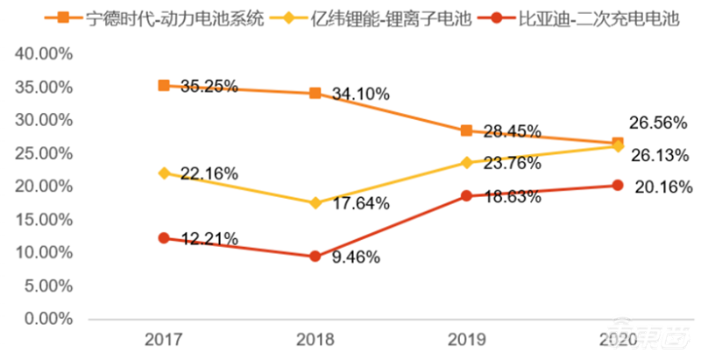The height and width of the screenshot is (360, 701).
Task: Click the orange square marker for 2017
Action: [164, 85]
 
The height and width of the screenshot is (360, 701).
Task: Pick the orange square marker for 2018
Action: [315, 93]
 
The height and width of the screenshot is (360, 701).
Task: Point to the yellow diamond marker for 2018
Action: [315, 202]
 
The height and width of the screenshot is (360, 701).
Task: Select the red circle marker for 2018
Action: [315, 257]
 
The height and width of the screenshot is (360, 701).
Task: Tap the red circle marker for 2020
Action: [618, 185]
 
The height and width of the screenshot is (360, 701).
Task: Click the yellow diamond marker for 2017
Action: [164, 173]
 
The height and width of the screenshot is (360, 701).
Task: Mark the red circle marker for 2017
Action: [164, 238]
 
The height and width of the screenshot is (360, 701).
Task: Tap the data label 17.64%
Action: [360, 203]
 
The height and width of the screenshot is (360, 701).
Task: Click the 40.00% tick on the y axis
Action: [43, 53]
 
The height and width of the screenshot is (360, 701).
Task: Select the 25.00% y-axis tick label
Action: [43, 153]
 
